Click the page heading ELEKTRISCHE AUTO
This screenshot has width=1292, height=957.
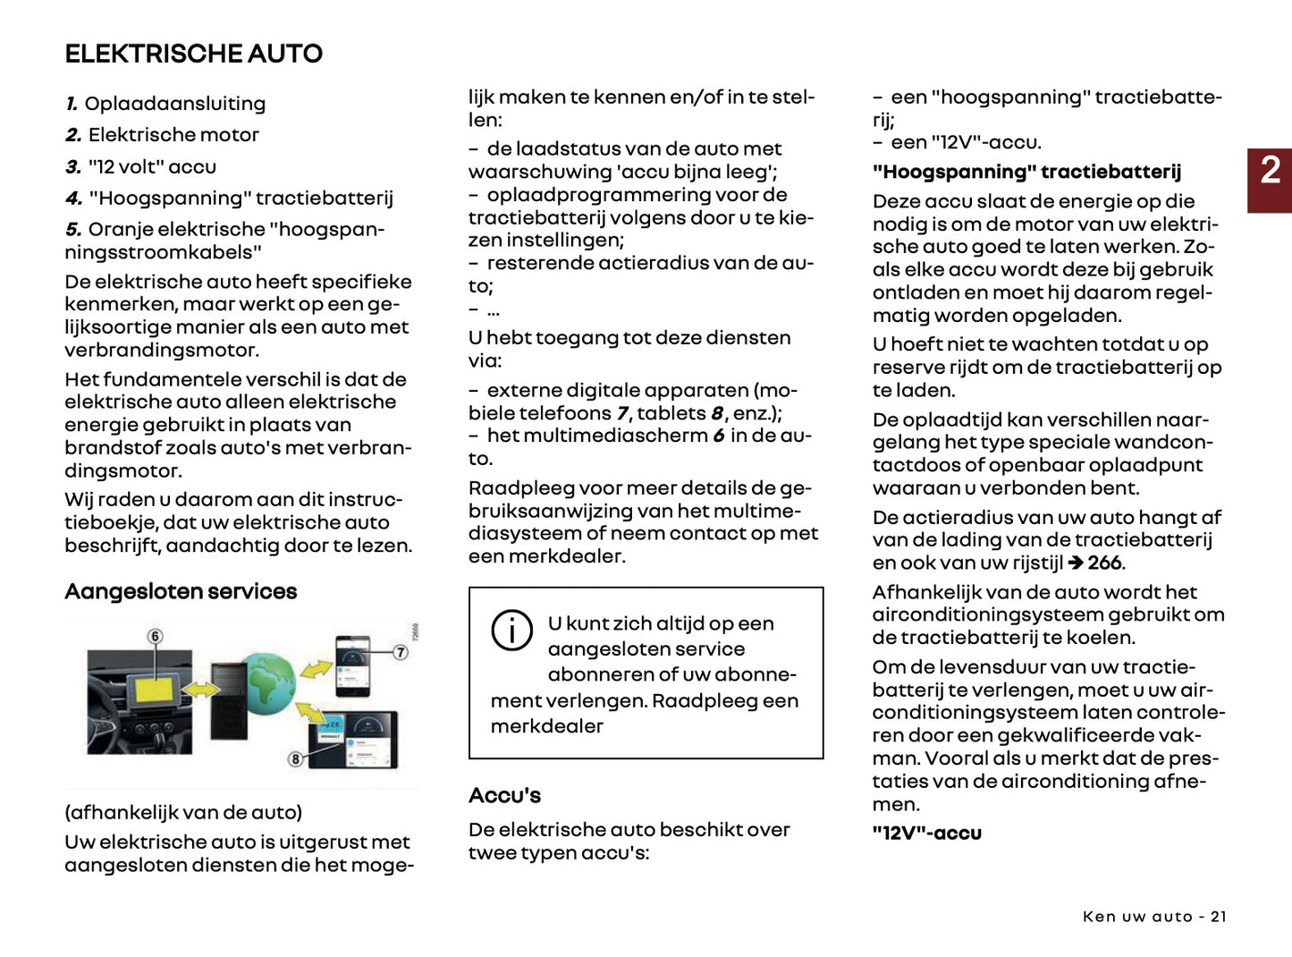[193, 54]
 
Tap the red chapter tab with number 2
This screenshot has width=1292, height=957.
[1270, 180]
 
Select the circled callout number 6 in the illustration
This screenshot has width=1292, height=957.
[156, 637]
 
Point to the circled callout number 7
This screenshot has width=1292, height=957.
[401, 653]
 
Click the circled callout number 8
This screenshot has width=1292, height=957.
[295, 759]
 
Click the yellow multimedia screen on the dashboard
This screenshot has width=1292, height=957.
[156, 690]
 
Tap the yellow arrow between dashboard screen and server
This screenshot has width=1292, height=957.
[202, 690]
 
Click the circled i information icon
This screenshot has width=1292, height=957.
[511, 631]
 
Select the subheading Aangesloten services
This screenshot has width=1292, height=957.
[181, 591]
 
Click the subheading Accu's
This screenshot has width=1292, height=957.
[504, 795]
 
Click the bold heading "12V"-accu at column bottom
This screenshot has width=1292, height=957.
[926, 833]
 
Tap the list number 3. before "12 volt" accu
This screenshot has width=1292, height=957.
[73, 167]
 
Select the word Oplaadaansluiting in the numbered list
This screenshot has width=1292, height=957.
[175, 104]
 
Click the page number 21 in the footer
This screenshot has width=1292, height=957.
[1218, 917]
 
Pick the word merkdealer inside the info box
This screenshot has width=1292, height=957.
[546, 726]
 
